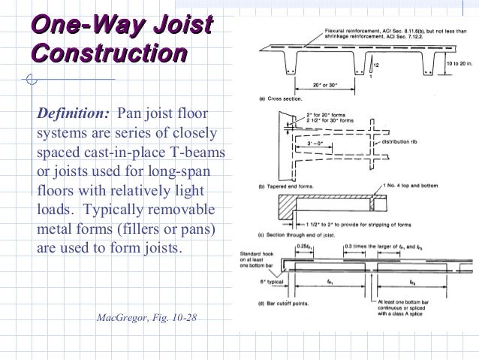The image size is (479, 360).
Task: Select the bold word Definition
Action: point(74,115)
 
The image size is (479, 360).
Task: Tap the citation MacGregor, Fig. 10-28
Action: point(147,319)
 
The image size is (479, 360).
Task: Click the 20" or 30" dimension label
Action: point(324,86)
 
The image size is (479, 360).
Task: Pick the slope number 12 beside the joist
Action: point(377,65)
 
